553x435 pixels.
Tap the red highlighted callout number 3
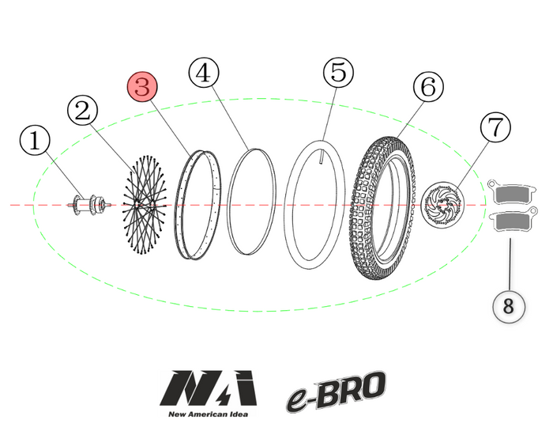[142, 87]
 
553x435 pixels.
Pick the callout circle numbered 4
[203, 74]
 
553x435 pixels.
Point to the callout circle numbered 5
[338, 73]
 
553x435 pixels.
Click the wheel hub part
[88, 205]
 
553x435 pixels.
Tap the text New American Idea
[208, 414]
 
